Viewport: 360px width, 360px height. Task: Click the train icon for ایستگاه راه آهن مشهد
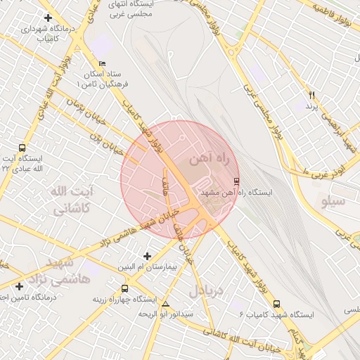(x=236, y=181)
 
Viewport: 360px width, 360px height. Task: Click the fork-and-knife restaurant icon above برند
(x=312, y=95)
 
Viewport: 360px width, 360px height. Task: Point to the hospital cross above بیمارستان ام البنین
(x=146, y=256)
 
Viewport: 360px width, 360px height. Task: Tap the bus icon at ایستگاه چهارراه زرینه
(x=125, y=288)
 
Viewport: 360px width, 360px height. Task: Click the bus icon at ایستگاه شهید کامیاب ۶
(x=276, y=304)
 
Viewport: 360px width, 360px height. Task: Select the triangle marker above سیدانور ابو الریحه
(x=165, y=304)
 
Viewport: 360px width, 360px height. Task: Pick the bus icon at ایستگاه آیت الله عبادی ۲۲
(x=22, y=148)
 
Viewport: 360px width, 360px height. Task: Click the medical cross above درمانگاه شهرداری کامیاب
(x=48, y=18)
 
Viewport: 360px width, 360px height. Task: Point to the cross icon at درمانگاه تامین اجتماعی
(x=19, y=286)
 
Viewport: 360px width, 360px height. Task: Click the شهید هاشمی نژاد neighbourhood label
(x=68, y=271)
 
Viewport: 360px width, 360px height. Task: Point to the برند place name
(x=312, y=105)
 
